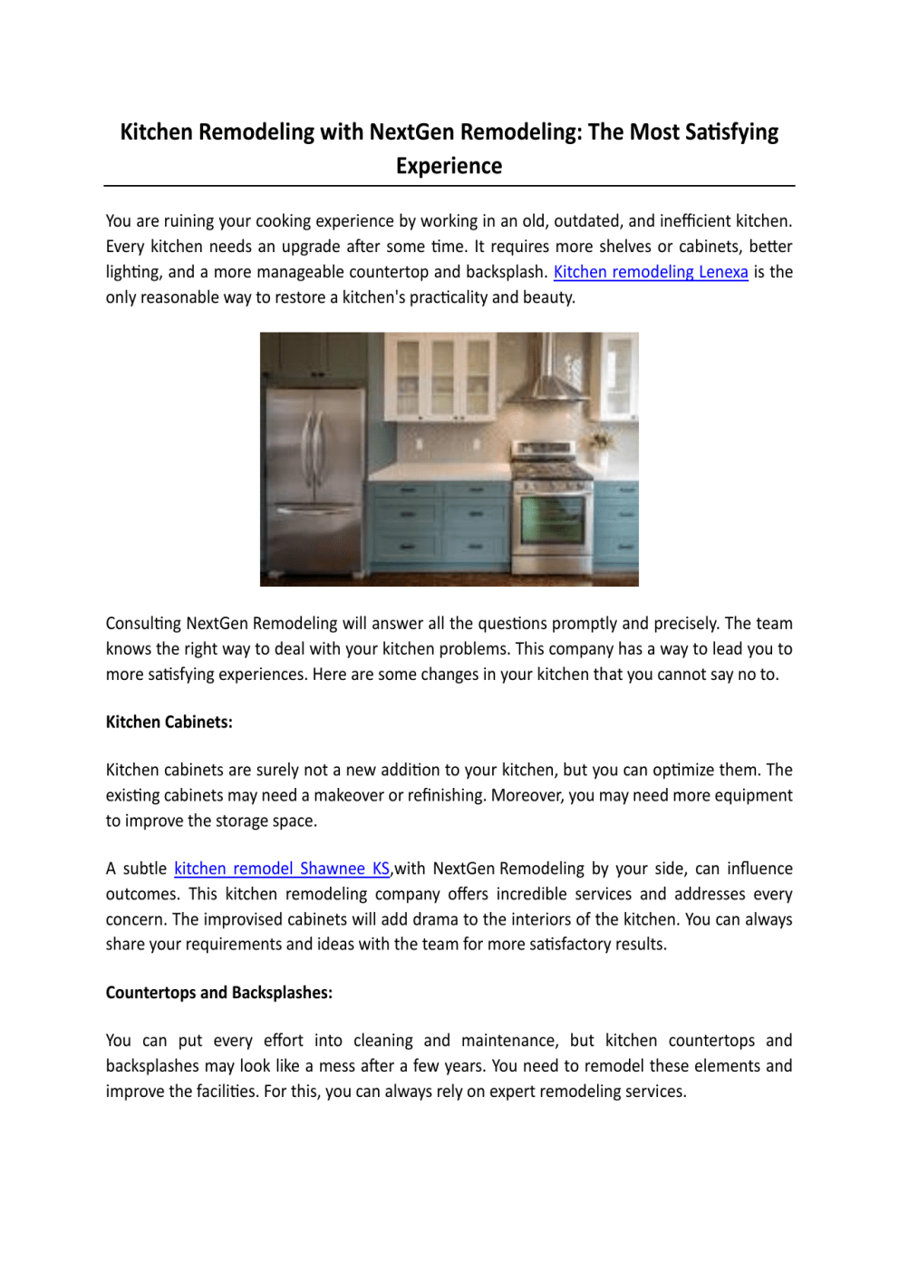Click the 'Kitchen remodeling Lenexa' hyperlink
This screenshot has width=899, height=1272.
(651, 272)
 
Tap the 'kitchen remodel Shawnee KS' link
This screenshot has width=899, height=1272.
(282, 869)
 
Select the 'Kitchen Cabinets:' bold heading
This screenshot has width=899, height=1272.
(169, 723)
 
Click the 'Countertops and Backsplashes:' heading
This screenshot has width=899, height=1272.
(219, 993)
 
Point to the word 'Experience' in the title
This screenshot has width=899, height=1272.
(449, 167)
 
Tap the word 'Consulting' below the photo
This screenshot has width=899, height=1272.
(143, 624)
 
